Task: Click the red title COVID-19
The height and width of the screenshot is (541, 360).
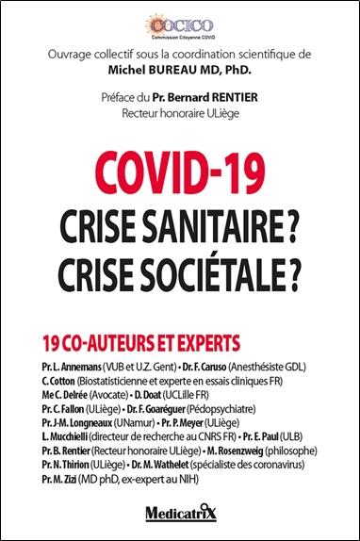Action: pos(180,172)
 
